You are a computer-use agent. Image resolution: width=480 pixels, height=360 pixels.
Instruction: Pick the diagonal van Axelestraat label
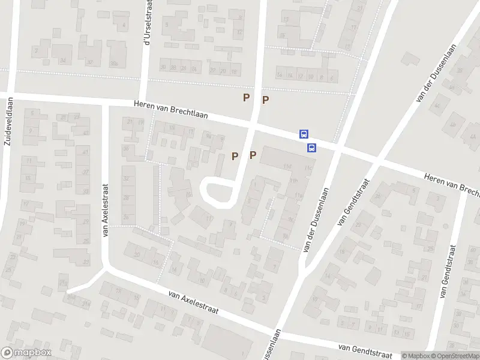pos(193,304)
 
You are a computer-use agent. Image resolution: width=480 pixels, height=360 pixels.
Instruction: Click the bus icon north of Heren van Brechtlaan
pos(304,135)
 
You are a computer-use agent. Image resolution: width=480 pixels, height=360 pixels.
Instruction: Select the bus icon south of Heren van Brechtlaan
pos(311,148)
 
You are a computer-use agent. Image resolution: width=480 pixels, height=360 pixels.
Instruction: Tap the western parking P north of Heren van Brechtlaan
pos(246,97)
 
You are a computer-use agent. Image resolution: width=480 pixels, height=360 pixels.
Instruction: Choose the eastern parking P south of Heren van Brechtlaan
pos(253,155)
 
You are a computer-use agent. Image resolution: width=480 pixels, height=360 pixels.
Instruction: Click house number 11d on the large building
pos(288,166)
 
